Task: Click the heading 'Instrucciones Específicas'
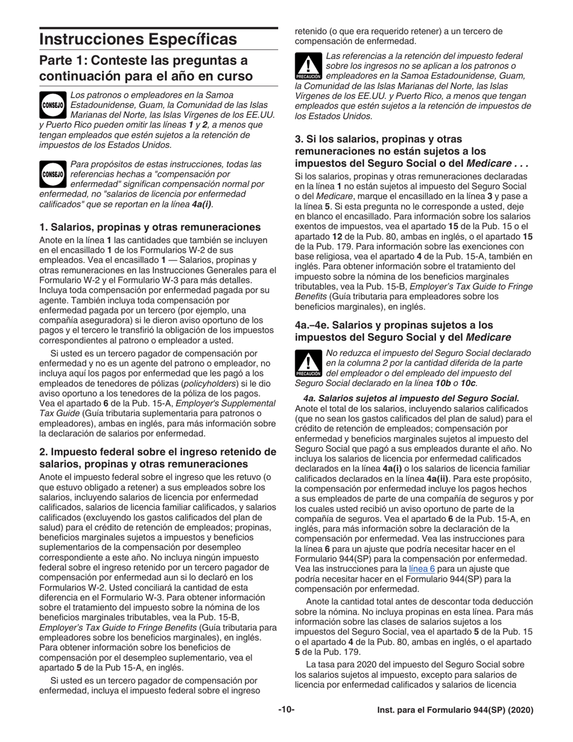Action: (x=138, y=39)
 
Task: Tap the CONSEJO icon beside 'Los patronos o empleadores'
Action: (x=52, y=103)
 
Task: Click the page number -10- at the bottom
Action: (x=286, y=710)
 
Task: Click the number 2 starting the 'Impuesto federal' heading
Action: (x=42, y=452)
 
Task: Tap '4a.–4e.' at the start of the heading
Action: (x=314, y=325)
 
